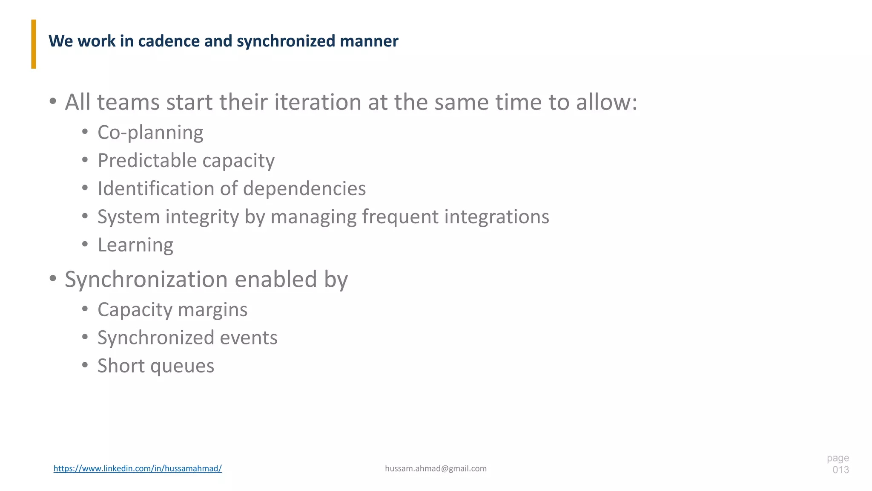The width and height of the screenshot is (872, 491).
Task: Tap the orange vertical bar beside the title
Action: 34,44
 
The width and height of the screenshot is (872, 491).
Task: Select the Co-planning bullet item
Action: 150,133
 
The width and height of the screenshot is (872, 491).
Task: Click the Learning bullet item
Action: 135,245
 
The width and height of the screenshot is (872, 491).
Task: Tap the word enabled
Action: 275,280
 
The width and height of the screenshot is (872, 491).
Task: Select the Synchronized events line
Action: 187,338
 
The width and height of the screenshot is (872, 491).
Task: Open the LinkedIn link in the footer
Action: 138,468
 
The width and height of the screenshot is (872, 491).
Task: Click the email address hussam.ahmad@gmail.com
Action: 436,468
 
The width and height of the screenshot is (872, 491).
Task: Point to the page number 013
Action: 840,470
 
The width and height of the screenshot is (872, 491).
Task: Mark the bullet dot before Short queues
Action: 85,365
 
